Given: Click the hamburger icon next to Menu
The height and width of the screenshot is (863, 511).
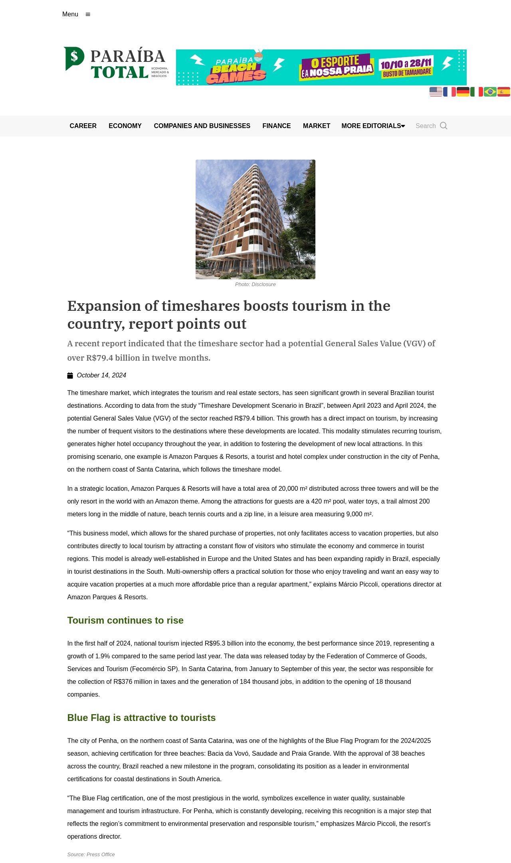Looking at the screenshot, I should click(88, 14).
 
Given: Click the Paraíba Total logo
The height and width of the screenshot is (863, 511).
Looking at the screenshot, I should click(116, 63).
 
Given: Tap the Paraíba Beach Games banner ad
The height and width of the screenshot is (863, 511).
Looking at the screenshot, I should click(321, 67).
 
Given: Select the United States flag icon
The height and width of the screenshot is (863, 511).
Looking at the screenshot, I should click(436, 92).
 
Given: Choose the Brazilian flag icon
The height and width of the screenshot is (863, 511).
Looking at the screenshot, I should click(490, 92).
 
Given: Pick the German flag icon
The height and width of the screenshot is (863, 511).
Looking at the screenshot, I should click(463, 92).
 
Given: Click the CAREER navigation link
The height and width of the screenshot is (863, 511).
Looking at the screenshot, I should click(83, 126).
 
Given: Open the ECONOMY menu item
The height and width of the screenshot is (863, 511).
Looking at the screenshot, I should click(125, 126).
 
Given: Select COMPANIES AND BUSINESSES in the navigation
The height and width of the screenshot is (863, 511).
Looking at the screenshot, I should click(202, 126).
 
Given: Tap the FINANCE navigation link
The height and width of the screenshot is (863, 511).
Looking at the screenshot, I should click(277, 126).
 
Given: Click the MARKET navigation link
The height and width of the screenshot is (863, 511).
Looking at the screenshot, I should click(317, 126).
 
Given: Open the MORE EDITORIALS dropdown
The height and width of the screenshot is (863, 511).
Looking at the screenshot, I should click(373, 126).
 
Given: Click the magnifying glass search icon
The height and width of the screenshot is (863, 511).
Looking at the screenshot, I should click(444, 126).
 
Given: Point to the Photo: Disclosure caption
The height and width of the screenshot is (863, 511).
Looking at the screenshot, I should click(255, 284).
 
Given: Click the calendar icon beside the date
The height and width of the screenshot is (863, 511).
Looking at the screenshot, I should click(70, 375).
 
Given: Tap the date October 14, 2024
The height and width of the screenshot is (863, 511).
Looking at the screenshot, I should click(101, 375).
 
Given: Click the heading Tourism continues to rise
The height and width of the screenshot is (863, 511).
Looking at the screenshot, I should click(125, 620).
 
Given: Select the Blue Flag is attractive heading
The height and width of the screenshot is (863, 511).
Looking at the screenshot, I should click(141, 718).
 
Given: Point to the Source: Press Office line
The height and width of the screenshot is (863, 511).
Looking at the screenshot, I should click(91, 854).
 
